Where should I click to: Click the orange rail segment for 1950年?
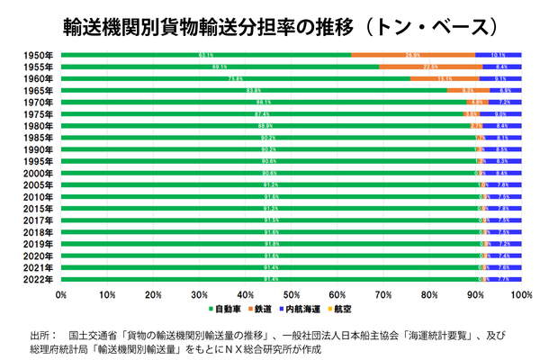[413, 55]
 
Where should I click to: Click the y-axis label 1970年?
[38, 103]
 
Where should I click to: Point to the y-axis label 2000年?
[38, 172]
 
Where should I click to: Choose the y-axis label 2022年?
[38, 279]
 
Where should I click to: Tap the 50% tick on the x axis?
[291, 293]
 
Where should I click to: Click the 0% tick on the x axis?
[61, 293]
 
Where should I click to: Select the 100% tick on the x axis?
[520, 293]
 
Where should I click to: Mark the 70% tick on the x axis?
[382, 293]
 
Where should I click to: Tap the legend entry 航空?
[341, 310]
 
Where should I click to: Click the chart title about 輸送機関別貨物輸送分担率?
[270, 25]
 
